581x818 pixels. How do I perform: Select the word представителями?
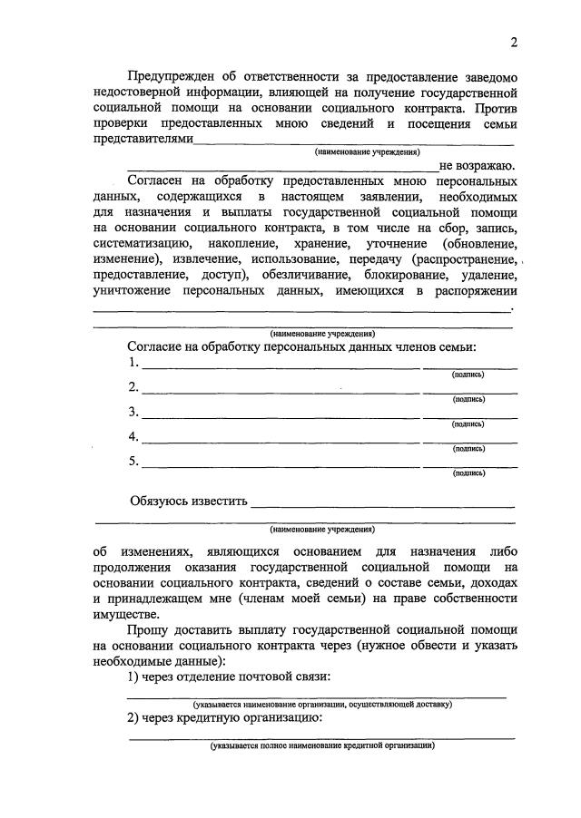pyautogui.click(x=143, y=140)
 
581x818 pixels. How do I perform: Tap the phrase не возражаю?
pyautogui.click(x=478, y=166)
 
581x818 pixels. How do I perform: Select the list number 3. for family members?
pyautogui.click(x=133, y=412)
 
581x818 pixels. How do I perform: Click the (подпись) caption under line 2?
pyautogui.click(x=468, y=399)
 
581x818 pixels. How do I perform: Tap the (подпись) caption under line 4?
pyautogui.click(x=468, y=448)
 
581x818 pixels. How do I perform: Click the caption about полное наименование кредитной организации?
pyautogui.click(x=321, y=745)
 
